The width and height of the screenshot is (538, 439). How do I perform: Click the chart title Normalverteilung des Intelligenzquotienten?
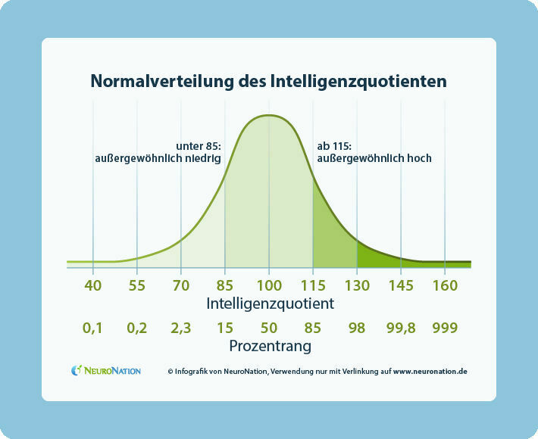tap(268, 80)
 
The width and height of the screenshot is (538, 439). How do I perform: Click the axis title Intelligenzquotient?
tap(268, 303)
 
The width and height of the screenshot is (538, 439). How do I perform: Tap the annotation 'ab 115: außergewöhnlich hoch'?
tap(374, 152)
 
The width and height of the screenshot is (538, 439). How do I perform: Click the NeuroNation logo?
tap(106, 371)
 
